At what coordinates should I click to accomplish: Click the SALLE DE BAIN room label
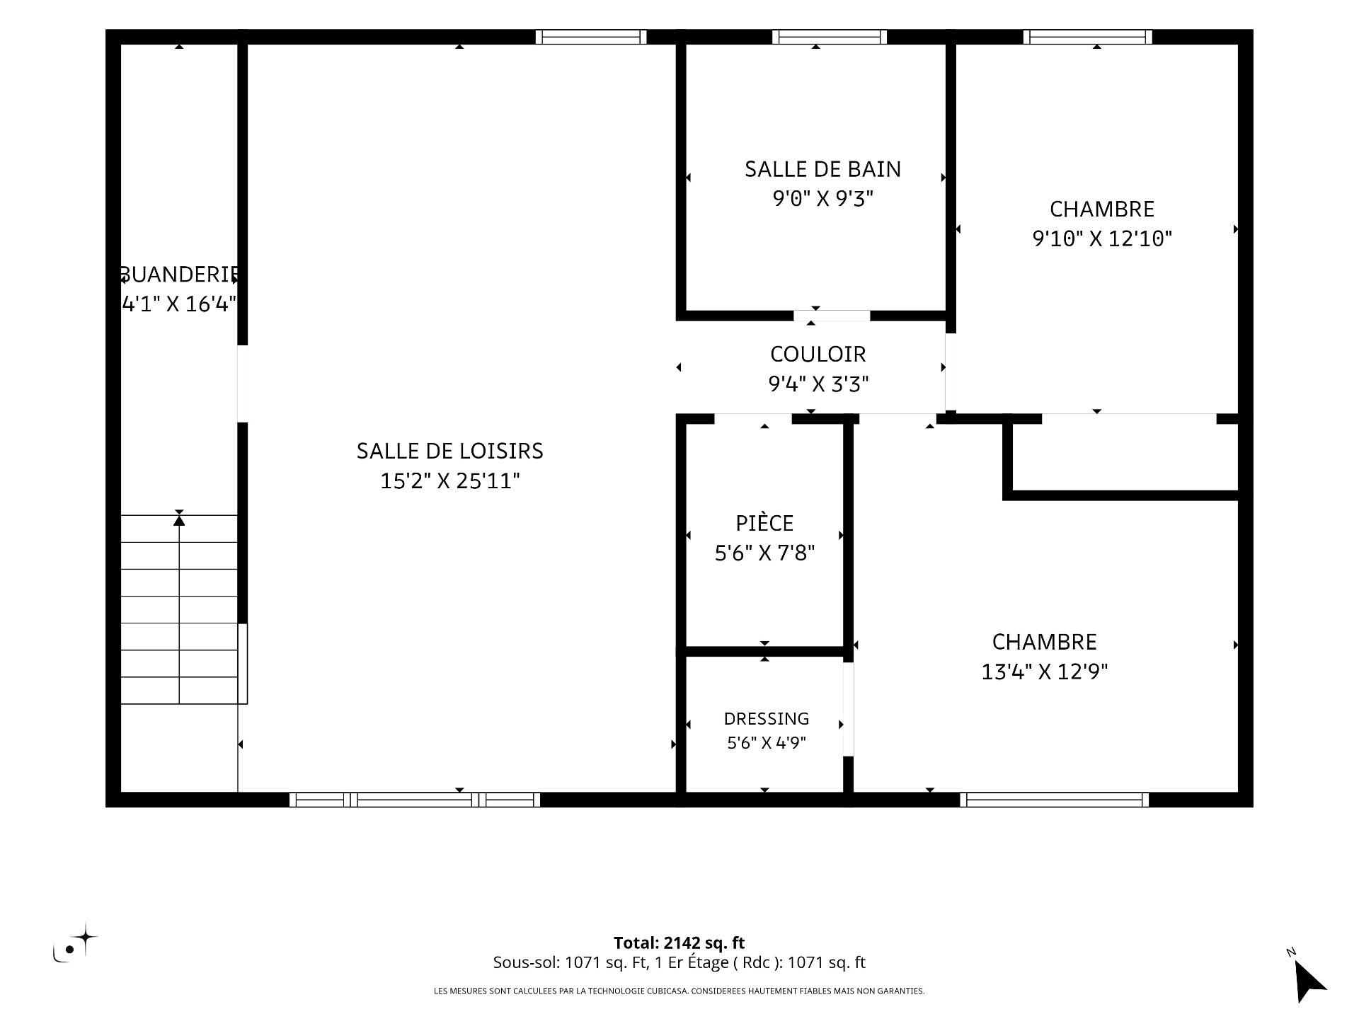point(822,169)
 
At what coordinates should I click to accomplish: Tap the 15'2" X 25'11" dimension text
point(450,481)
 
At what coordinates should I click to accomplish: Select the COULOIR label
point(818,354)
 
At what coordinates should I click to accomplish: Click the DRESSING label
point(767,719)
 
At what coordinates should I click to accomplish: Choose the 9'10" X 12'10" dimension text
point(1102,238)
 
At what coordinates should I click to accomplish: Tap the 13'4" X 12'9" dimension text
point(1044,672)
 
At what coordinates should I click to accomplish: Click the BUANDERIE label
point(179,275)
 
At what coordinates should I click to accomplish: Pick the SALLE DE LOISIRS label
point(450,451)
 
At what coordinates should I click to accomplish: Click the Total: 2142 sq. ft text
point(679,943)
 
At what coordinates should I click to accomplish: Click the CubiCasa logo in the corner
point(75,943)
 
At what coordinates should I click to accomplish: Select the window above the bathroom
point(830,37)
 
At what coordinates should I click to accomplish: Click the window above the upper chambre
point(1088,37)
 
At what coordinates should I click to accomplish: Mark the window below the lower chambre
point(1055,800)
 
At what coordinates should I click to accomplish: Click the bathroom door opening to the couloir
point(832,316)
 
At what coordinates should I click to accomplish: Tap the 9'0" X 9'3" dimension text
point(822,199)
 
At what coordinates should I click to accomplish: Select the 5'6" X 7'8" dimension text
point(764,553)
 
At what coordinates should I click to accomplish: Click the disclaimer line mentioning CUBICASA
point(679,991)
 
